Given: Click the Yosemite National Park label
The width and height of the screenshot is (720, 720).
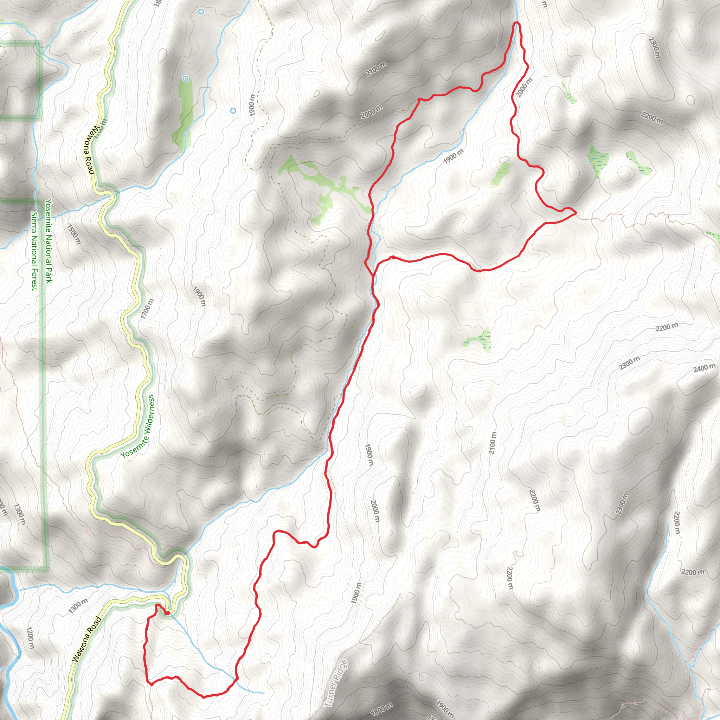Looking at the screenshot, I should [x=49, y=241].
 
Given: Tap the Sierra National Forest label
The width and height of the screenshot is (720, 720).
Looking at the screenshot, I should [x=34, y=251].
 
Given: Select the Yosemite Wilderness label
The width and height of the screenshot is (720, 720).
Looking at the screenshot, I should [x=137, y=426].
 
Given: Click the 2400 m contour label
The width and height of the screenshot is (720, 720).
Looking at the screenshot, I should [x=704, y=368].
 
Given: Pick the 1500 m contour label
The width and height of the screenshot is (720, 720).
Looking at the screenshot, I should [x=74, y=234].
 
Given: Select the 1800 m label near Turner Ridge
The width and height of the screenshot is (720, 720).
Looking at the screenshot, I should [x=382, y=708].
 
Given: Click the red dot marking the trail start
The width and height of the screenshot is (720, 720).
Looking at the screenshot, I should [x=168, y=613].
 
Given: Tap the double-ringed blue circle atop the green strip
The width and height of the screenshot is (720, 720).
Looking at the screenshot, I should [x=186, y=79].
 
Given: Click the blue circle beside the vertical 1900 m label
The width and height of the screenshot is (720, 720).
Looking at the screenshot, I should [x=233, y=111].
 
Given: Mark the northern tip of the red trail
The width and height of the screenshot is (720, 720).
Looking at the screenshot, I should [x=516, y=23].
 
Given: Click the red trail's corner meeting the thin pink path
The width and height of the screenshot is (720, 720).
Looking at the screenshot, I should [x=576, y=213].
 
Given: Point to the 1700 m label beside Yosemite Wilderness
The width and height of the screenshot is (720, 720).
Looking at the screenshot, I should [x=147, y=309].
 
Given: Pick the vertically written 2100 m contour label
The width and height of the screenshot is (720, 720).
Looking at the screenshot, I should [x=493, y=443].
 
